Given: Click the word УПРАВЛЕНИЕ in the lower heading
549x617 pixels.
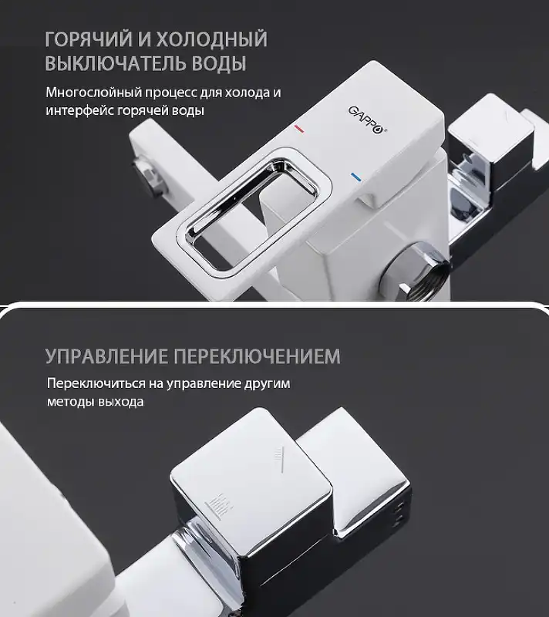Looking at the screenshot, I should (x=106, y=356).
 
